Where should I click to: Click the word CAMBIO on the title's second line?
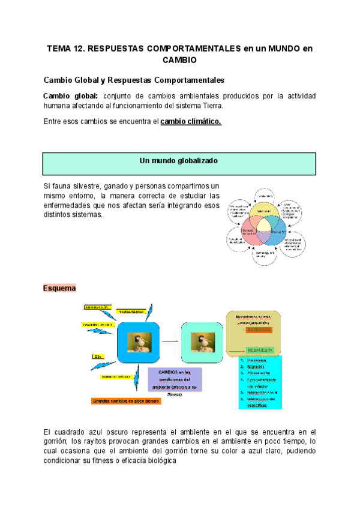coord(179,60)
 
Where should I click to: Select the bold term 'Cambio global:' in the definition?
coord(70,96)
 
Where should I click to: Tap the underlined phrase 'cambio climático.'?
coord(191,121)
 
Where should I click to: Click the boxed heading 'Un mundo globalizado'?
coord(178,161)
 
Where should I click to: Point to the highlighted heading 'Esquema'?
coord(59,288)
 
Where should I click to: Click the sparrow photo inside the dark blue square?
coord(139,343)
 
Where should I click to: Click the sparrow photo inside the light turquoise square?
coord(202,343)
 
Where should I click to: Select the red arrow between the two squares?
coord(171,342)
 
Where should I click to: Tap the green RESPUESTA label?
coord(259,350)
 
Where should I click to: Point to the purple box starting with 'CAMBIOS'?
coord(174,379)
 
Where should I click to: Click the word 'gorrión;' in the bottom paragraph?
coord(58,441)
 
